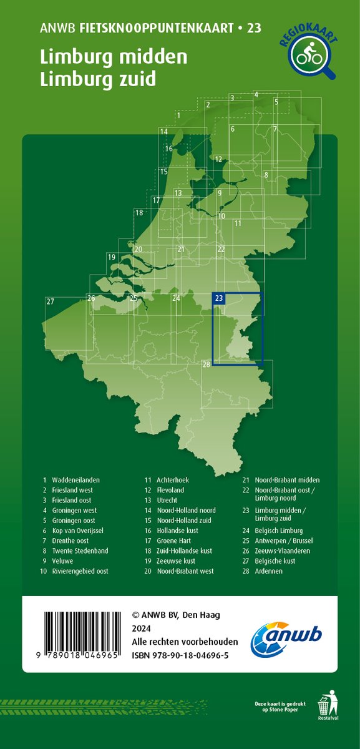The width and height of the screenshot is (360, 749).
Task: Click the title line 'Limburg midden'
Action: tap(114, 58)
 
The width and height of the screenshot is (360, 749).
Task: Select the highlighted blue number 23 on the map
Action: tap(218, 298)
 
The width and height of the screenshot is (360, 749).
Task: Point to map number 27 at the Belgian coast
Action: tap(51, 302)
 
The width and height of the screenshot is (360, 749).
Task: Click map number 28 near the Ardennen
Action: tap(207, 364)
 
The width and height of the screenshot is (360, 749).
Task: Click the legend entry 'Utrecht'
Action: tap(167, 501)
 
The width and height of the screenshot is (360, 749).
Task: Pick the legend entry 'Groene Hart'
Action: tap(176, 541)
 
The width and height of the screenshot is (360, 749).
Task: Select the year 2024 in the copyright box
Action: tap(142, 629)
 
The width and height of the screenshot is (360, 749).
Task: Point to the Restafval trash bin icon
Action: tap(324, 707)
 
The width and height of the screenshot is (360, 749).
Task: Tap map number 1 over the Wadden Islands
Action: tap(178, 115)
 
